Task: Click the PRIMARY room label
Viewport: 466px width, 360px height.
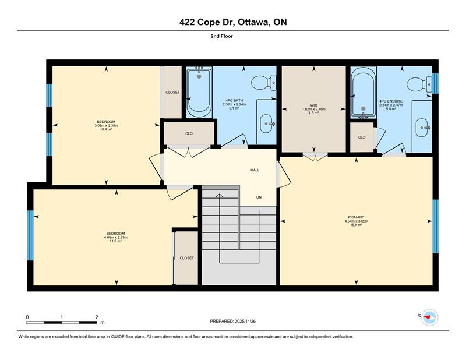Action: (x=356, y=217)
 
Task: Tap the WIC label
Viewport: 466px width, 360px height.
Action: (x=313, y=105)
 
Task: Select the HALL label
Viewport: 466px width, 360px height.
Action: (x=255, y=170)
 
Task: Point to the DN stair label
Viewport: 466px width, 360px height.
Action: (x=259, y=197)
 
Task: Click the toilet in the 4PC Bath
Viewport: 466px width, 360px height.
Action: (x=264, y=83)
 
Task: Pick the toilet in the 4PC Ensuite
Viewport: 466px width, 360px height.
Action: (x=419, y=84)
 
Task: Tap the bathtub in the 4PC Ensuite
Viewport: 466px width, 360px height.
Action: (x=363, y=93)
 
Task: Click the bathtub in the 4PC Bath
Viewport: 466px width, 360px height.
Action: (x=199, y=92)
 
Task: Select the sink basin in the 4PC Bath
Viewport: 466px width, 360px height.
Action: (x=267, y=123)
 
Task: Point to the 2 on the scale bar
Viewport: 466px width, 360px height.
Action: (x=97, y=317)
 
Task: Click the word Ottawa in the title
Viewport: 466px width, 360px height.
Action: (x=254, y=22)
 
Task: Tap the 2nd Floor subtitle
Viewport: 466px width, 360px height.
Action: (x=222, y=36)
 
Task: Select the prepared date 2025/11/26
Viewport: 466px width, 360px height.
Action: (x=245, y=321)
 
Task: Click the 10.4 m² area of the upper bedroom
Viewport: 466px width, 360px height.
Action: (x=106, y=129)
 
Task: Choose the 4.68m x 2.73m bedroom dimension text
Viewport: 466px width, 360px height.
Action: (x=115, y=237)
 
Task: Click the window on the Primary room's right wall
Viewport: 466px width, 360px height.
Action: (x=435, y=226)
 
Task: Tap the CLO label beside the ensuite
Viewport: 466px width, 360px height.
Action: (x=362, y=137)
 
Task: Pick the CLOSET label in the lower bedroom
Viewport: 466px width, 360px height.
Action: (x=186, y=258)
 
